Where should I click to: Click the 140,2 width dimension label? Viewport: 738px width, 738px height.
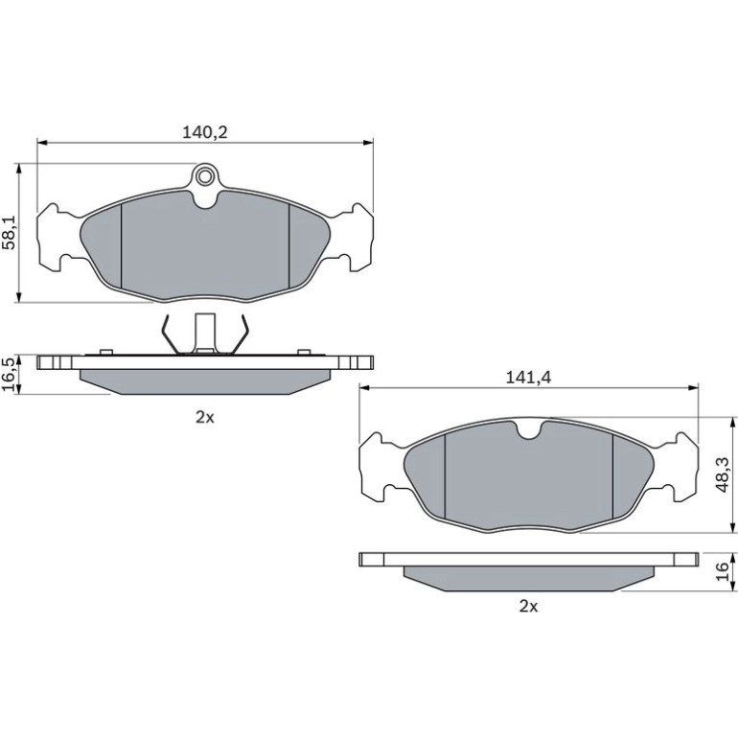pyautogui.click(x=205, y=132)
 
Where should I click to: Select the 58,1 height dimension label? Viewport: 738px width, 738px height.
pyautogui.click(x=10, y=233)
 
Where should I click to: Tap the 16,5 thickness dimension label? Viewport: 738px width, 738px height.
pyautogui.click(x=10, y=374)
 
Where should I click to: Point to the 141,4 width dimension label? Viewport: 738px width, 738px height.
pyautogui.click(x=528, y=378)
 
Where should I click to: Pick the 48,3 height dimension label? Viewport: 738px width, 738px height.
pyautogui.click(x=722, y=474)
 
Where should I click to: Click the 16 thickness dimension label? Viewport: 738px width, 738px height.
pyautogui.click(x=722, y=571)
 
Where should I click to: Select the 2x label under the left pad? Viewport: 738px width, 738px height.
pyautogui.click(x=205, y=417)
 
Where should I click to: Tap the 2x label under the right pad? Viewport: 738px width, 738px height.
pyautogui.click(x=528, y=607)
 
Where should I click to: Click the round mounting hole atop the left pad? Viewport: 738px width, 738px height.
pyautogui.click(x=204, y=177)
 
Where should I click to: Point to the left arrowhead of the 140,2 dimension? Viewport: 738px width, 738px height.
pyautogui.click(x=42, y=142)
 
